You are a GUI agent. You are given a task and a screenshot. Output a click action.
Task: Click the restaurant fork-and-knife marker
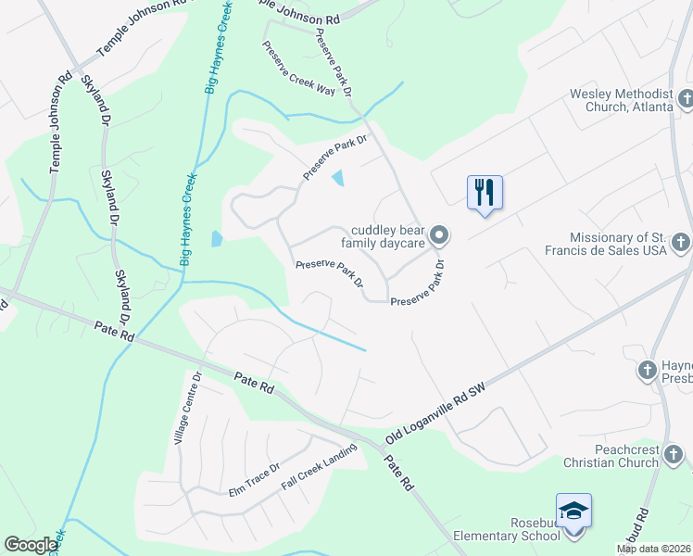click(485, 193)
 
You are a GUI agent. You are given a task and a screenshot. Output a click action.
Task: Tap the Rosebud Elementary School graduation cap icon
click(573, 511)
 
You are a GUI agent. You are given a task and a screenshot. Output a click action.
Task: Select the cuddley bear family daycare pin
click(441, 236)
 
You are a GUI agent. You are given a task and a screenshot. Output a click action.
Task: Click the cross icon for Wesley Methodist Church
click(686, 99)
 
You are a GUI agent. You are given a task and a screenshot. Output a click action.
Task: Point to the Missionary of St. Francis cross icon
click(680, 243)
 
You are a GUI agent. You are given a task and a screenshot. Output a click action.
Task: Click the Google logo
click(31, 545)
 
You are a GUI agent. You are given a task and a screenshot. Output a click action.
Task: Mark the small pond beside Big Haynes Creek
click(217, 238)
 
